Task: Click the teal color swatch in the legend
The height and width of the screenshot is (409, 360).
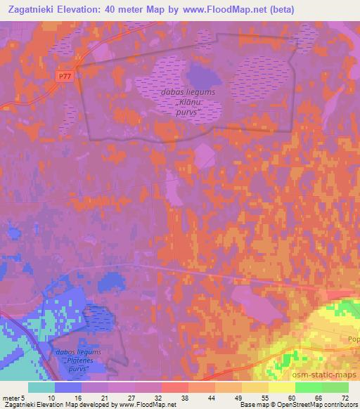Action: pyautogui.click(x=41, y=387)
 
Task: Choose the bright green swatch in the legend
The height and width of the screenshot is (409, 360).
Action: pyautogui.click(x=308, y=387)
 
